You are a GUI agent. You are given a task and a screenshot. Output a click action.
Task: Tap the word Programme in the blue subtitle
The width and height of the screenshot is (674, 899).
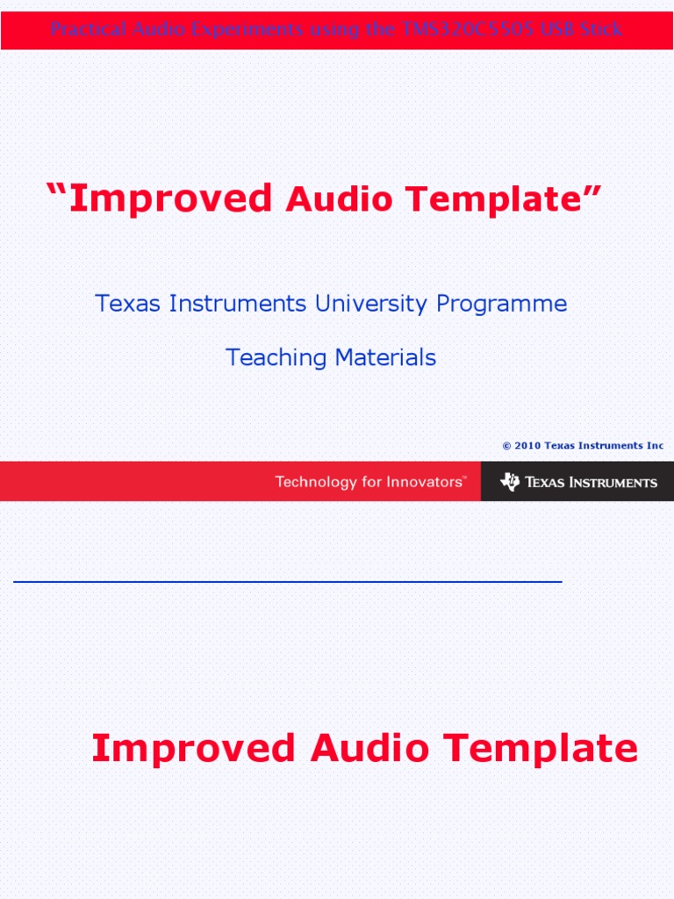point(502,305)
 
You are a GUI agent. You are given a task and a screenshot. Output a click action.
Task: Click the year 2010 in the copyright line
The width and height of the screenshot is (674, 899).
point(527,445)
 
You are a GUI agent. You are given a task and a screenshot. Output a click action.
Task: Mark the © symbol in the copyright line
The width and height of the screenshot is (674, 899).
point(506,445)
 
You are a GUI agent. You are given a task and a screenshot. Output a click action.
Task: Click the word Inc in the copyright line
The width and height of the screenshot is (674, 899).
point(656,445)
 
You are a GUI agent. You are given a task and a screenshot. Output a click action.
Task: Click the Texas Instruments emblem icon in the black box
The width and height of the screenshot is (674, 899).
point(510,481)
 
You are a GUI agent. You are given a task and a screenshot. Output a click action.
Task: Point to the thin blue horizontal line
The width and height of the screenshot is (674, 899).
point(288,581)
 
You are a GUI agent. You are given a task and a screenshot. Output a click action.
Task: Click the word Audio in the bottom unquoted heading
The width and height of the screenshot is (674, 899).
point(369,749)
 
